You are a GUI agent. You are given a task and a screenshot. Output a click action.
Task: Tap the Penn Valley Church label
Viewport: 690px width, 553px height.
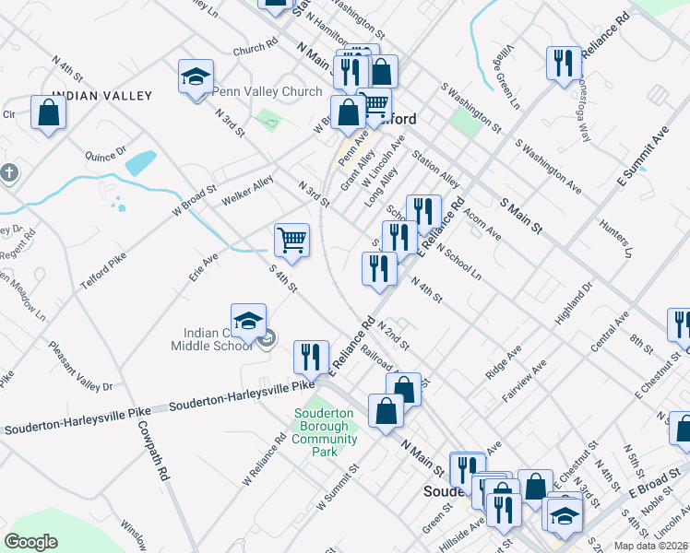click(x=267, y=92)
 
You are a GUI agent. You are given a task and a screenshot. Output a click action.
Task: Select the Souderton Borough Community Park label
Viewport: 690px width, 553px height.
click(x=324, y=427)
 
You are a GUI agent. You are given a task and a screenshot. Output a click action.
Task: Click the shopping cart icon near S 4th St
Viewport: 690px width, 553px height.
click(x=291, y=241)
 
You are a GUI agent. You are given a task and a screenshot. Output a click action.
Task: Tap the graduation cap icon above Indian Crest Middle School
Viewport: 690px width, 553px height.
click(x=248, y=321)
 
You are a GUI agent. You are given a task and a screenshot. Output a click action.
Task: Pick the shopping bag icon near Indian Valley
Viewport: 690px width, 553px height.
click(x=48, y=113)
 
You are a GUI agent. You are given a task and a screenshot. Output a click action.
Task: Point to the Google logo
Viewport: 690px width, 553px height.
click(x=30, y=542)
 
